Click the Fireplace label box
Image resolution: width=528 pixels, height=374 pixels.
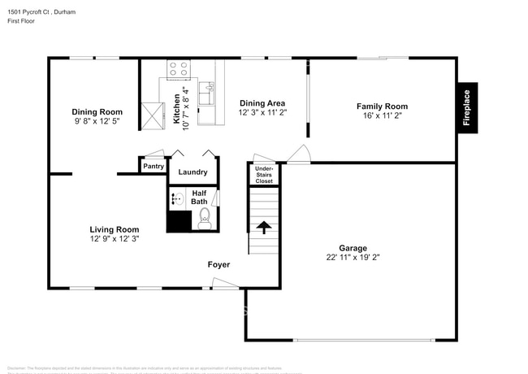pyautogui.click(x=466, y=107)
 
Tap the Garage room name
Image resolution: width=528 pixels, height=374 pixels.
pyautogui.click(x=353, y=248)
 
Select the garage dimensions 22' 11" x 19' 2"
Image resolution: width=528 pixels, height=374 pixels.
pyautogui.click(x=353, y=257)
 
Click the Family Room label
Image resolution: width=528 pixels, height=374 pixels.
pyautogui.click(x=382, y=107)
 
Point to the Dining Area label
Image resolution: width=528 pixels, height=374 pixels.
pyautogui.click(x=262, y=103)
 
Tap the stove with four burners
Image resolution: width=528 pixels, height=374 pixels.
pyautogui.click(x=178, y=70)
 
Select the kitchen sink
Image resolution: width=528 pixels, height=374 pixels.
pyautogui.click(x=207, y=95)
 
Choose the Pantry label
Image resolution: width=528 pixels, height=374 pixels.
pyautogui.click(x=154, y=167)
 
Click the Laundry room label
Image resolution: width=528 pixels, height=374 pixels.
pyautogui.click(x=193, y=172)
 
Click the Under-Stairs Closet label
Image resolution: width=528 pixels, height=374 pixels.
pyautogui.click(x=264, y=175)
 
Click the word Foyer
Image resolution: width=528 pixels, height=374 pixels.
pyautogui.click(x=219, y=265)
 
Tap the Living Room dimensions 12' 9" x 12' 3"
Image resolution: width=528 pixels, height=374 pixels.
pyautogui.click(x=114, y=239)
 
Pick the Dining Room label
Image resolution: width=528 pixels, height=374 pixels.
pyautogui.click(x=97, y=112)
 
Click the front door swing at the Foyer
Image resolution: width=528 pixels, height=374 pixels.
pyautogui.click(x=223, y=282)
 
